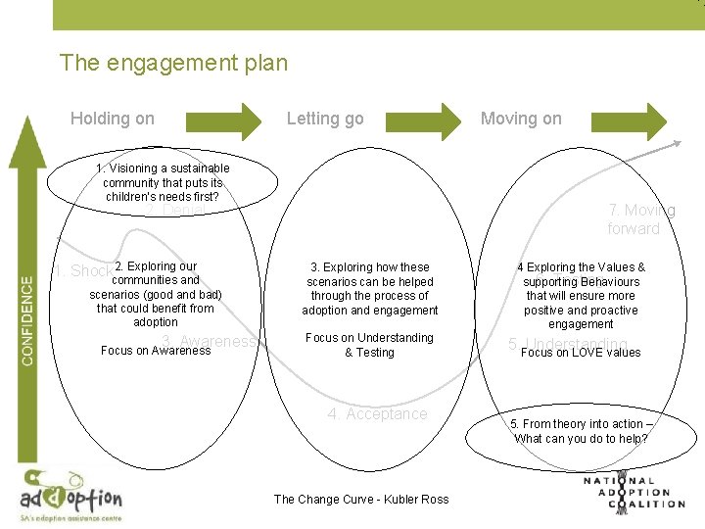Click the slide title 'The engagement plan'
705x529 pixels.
pos(173,64)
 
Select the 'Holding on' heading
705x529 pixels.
pos(113,119)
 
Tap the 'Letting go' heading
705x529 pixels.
pos(324,119)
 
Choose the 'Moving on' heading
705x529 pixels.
pos(521,119)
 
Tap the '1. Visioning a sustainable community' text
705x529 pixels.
pos(163,183)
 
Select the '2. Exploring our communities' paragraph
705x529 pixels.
pos(156,294)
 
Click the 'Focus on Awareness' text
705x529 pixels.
pos(156,351)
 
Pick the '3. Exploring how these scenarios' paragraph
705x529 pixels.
pos(370,288)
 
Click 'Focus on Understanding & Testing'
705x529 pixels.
pos(369,345)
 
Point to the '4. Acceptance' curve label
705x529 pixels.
pos(378,414)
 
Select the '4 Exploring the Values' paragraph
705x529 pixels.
pos(581,295)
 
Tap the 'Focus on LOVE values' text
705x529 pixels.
pos(581,353)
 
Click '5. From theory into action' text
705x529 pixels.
pos(581,431)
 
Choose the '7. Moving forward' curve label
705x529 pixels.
pos(640,219)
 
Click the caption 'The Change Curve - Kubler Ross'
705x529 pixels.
pos(361,499)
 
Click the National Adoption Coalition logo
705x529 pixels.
pos(634,492)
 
